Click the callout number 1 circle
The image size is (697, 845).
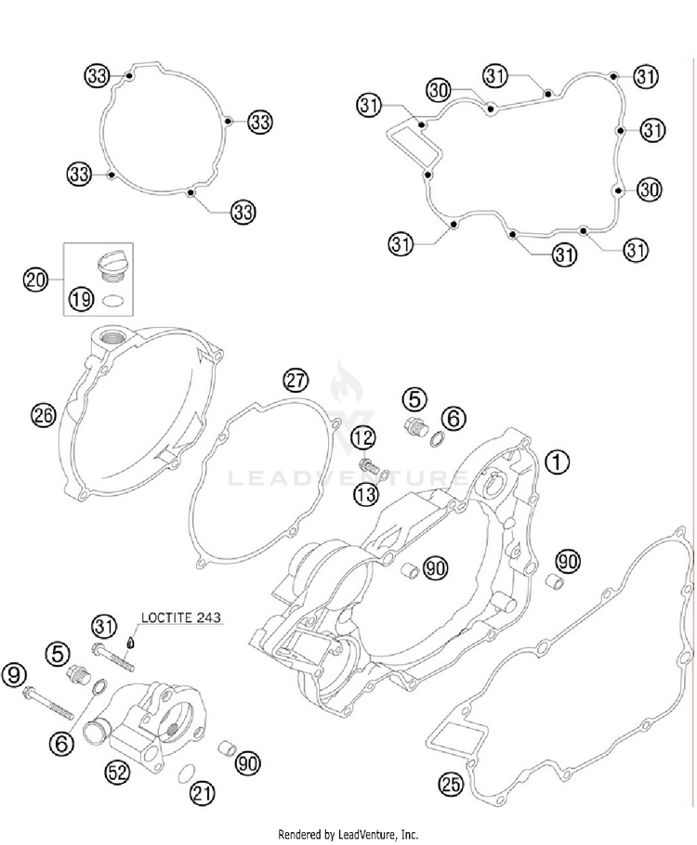point(556,460)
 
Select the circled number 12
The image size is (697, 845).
point(363,436)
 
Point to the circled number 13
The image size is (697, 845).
point(365,493)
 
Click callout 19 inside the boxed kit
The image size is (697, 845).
point(80,299)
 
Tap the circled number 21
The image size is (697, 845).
point(201,792)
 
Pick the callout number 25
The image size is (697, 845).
point(451,786)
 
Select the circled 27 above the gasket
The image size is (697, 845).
point(295,380)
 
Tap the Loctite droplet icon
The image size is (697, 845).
point(132,640)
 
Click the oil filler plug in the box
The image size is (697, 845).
point(110,263)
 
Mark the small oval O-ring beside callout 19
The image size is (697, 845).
point(113,299)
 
